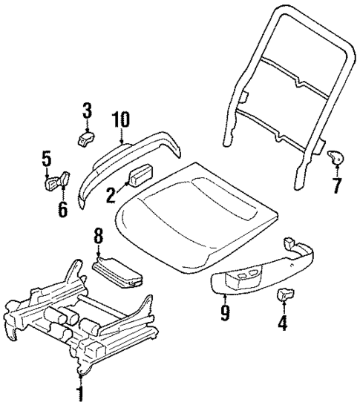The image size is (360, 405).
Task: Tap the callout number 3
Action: point(87,113)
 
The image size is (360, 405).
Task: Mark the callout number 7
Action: point(338,182)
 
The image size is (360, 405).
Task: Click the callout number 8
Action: point(99,239)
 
